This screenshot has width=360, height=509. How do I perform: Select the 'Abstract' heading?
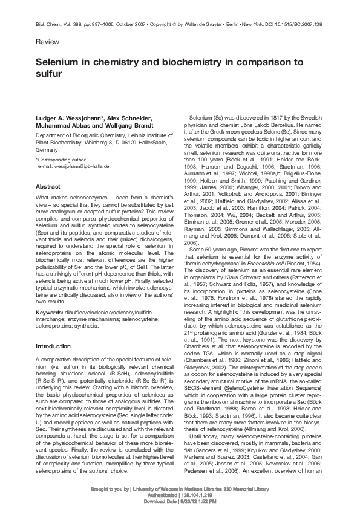tap(48, 187)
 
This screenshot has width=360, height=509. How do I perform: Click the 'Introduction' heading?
tap(54, 346)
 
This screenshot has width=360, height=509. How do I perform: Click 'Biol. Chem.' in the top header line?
tap(51, 24)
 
